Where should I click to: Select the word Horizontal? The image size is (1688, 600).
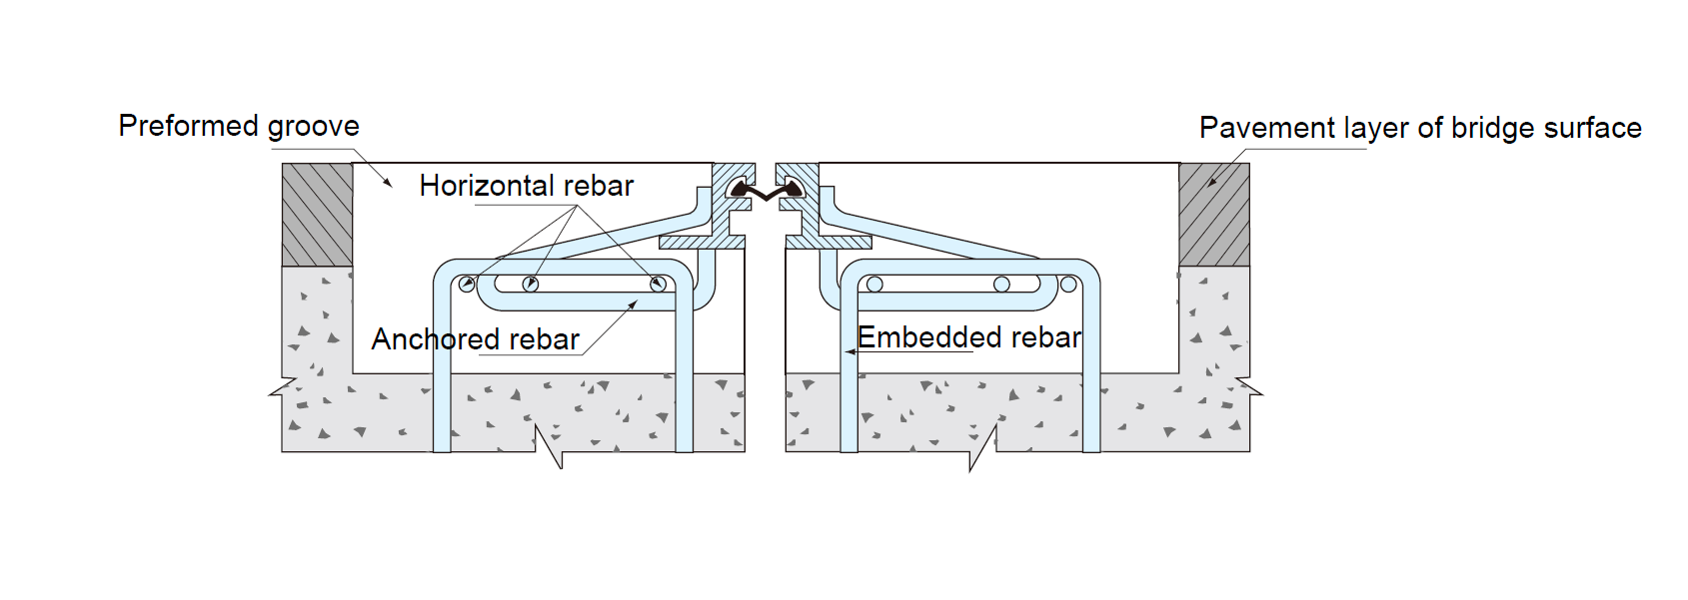[473, 186]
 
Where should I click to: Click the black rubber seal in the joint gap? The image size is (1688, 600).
[766, 190]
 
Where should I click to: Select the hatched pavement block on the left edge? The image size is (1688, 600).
[317, 215]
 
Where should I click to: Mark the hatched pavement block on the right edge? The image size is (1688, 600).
[1213, 215]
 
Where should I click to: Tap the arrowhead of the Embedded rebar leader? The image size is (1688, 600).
[849, 351]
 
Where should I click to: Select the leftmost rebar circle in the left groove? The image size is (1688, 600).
[467, 285]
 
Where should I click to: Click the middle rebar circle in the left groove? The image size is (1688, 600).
[531, 285]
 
